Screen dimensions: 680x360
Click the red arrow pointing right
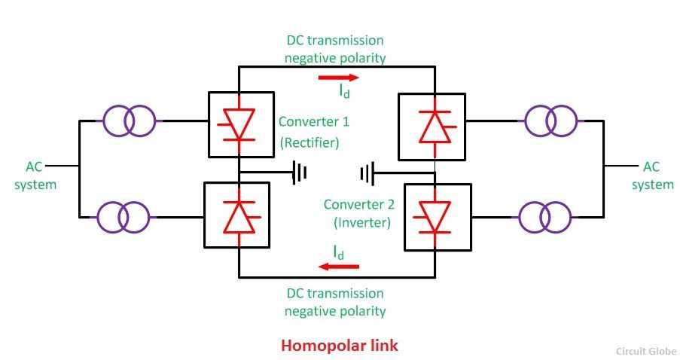339,78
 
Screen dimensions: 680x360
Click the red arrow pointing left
339,266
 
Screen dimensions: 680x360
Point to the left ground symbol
300,172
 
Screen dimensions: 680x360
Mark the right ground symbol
367,173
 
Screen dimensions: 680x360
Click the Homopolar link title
340,345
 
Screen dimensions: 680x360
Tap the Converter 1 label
313,121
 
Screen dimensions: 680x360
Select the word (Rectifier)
310,142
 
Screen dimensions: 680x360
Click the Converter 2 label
359,204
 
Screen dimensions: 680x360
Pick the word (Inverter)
362,222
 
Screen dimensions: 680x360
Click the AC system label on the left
35,175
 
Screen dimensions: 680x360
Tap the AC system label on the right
652,175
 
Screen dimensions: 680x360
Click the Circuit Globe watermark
646,351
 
